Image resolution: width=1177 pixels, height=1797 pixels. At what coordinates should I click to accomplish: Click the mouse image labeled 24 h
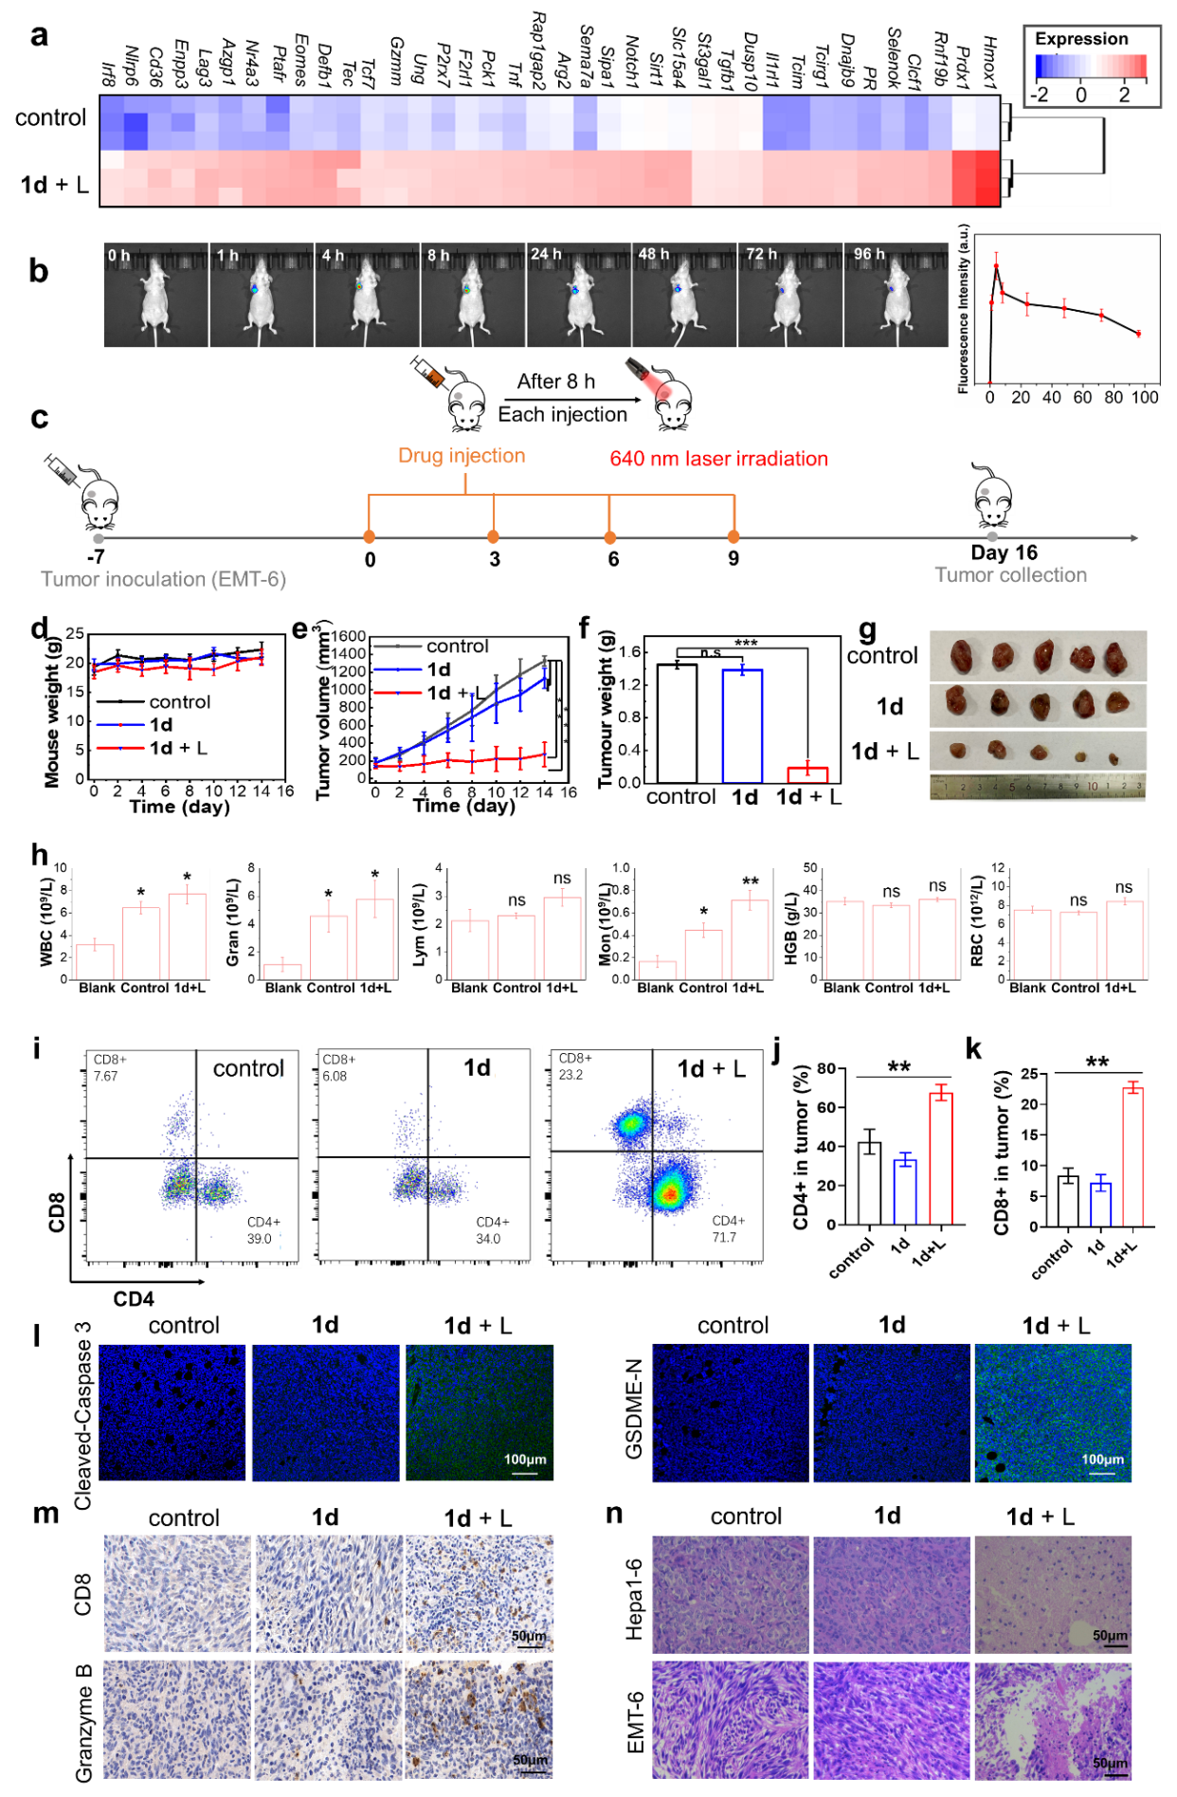(578, 296)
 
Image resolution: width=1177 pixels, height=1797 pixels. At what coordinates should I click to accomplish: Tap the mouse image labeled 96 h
(896, 296)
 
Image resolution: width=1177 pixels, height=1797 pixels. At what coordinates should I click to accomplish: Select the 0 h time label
(118, 256)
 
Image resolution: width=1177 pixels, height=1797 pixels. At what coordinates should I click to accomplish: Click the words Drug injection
(462, 456)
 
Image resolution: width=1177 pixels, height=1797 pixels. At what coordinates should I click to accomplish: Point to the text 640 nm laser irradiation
(718, 459)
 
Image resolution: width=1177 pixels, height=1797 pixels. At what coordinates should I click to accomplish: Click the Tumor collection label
(1010, 574)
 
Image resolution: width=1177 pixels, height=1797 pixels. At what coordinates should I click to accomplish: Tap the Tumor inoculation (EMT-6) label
(163, 579)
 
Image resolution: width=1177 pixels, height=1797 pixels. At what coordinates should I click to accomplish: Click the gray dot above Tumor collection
(992, 536)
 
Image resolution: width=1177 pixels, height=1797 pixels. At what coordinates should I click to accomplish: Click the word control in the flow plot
(248, 1068)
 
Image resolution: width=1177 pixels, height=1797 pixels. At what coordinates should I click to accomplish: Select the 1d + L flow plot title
(711, 1069)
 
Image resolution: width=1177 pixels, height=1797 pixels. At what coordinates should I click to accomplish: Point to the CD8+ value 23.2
(570, 1075)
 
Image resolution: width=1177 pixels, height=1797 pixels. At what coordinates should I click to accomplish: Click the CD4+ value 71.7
(724, 1237)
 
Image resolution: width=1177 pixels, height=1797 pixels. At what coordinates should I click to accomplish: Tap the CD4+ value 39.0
(259, 1239)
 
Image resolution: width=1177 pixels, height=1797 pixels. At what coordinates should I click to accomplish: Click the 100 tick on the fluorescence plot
(1145, 397)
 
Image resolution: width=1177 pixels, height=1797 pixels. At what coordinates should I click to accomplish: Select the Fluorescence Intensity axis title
(964, 308)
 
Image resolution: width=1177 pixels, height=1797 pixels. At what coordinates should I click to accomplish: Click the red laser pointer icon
(650, 381)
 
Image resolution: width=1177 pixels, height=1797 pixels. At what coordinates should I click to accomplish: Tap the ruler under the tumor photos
(1038, 788)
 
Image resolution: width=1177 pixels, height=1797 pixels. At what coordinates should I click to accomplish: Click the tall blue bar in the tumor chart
(743, 726)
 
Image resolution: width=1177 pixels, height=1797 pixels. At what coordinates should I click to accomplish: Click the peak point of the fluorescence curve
(996, 265)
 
